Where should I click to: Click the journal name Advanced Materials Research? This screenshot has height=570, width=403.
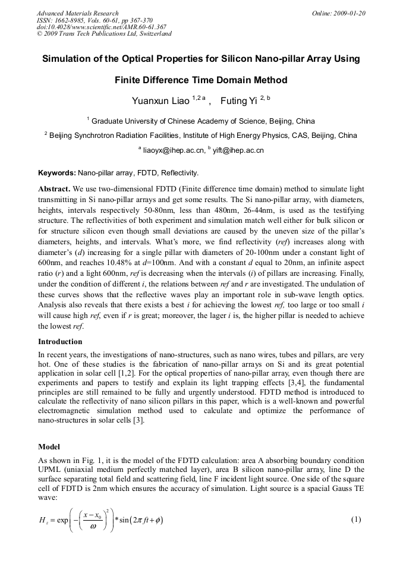tap(78, 13)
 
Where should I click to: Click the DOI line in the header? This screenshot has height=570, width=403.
tap(101, 27)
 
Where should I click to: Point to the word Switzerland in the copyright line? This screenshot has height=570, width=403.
tap(154, 34)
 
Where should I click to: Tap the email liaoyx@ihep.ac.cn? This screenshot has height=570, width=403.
tap(174, 151)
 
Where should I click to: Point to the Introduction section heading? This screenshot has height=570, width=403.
tap(60, 342)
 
